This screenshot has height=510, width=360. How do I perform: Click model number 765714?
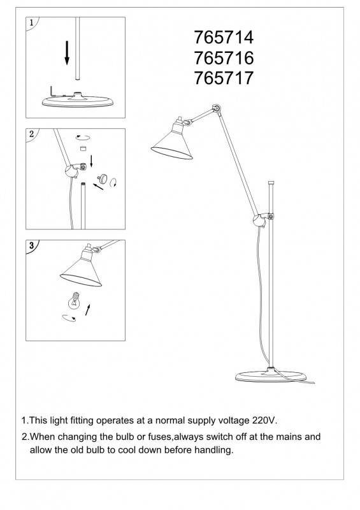point(224,37)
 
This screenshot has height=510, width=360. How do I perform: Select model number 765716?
point(224,57)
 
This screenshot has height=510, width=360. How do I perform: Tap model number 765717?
point(224,78)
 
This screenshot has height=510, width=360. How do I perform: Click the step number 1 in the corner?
point(31,23)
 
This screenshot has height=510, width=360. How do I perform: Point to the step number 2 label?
point(31,134)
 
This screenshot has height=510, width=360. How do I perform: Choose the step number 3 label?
point(31,245)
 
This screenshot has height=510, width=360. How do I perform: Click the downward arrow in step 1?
point(67,53)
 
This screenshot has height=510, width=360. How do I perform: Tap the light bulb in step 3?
point(75,301)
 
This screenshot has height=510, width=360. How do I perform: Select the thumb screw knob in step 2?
point(103,178)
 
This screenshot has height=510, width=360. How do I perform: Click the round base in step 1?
point(77,101)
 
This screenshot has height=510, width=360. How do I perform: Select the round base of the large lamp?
point(271,375)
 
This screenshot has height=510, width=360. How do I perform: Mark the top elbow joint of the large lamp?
point(216,108)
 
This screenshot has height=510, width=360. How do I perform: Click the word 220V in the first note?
point(264,420)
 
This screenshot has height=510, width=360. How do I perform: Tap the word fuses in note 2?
point(159,437)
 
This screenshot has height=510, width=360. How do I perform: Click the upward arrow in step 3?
point(87,310)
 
